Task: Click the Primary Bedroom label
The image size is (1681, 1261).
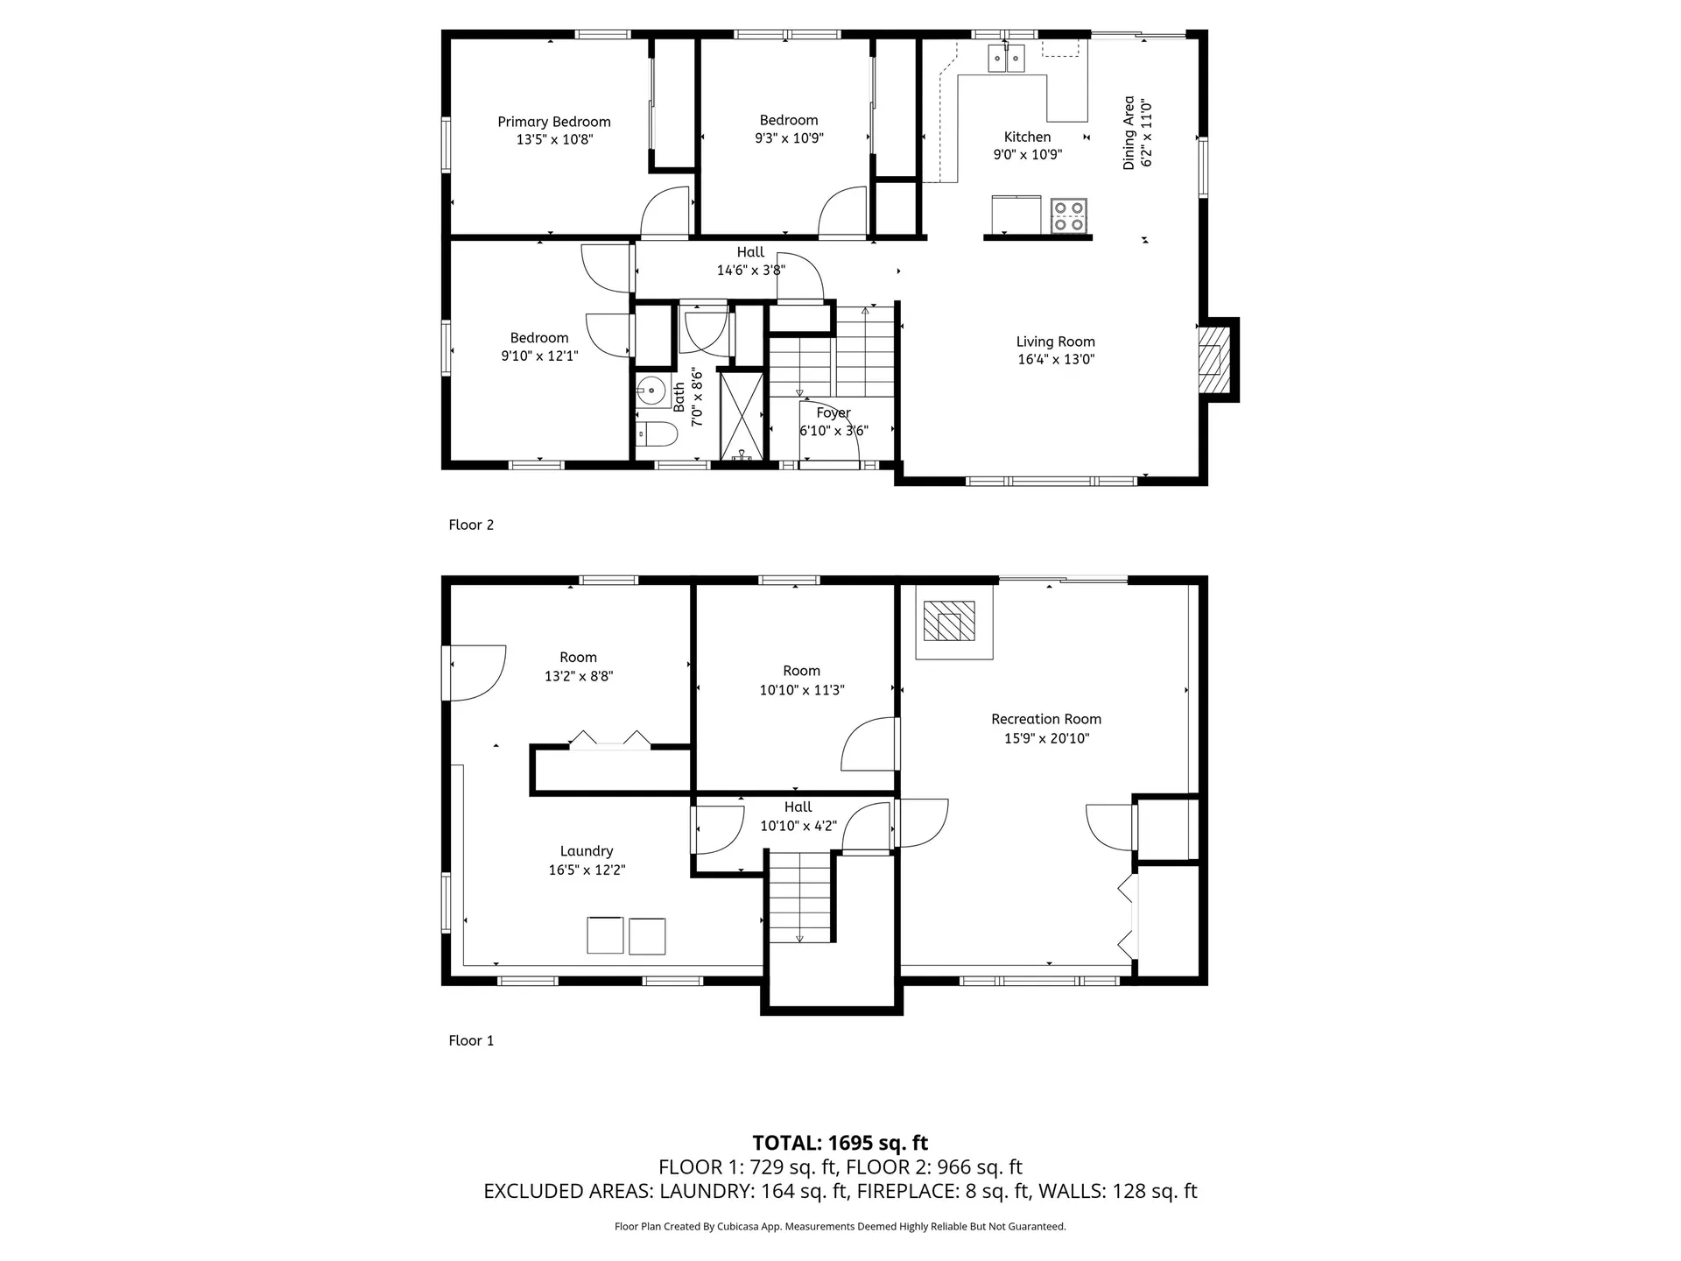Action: [553, 122]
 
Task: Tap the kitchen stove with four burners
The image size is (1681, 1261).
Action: [1069, 216]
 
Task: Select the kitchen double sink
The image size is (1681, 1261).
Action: [1007, 59]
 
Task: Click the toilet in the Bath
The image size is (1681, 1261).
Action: [658, 433]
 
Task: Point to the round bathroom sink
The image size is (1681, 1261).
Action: [651, 391]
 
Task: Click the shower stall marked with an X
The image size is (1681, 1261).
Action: [742, 416]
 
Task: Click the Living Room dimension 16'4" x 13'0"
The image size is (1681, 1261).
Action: [1056, 359]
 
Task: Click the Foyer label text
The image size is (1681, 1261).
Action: [833, 412]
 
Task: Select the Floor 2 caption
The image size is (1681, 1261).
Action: [471, 525]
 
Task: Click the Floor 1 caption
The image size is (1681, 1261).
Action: [471, 1040]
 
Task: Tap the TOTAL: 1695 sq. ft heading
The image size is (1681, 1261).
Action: [840, 1142]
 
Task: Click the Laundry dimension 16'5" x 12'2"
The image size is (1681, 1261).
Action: [587, 870]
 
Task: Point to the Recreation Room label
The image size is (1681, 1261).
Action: [1046, 719]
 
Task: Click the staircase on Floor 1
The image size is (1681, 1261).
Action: [799, 898]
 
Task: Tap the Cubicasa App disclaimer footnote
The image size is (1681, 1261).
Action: [840, 1227]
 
